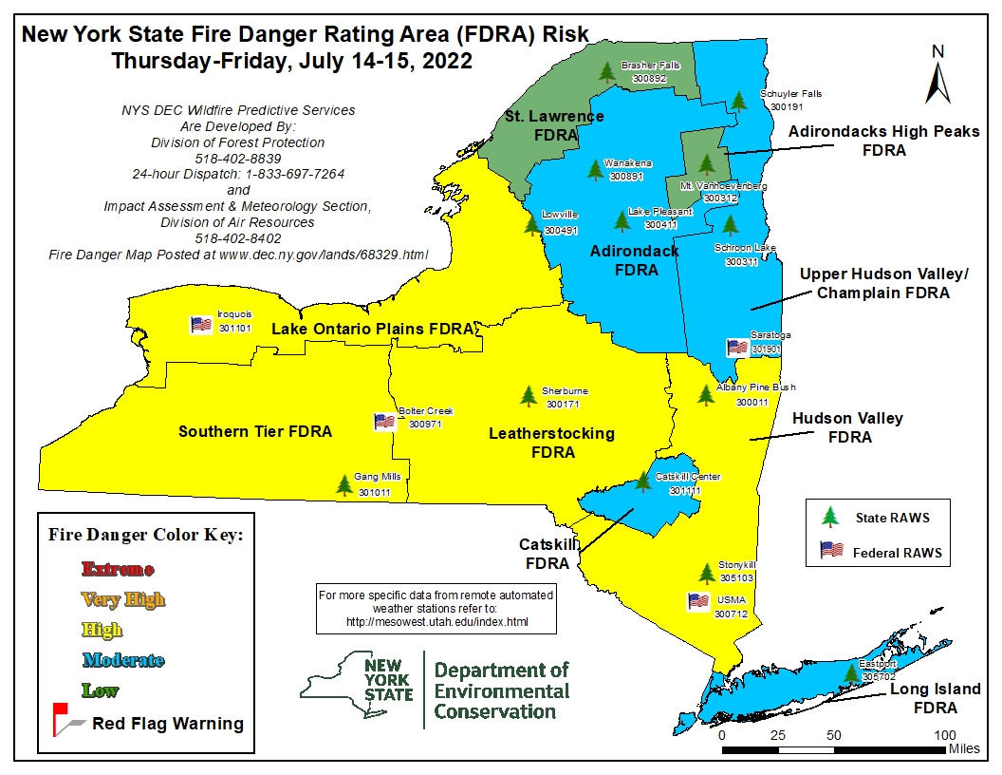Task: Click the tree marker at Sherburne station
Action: [x=529, y=395]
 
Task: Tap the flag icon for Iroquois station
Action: [x=200, y=324]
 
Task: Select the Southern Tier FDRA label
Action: [x=255, y=431]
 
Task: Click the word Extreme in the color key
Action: [x=118, y=569]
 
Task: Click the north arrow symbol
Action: [x=937, y=76]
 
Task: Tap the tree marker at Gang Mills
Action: [x=344, y=484]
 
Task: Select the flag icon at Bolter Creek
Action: [x=384, y=422]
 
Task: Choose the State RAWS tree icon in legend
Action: [x=831, y=517]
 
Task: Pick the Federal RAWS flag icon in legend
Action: [x=831, y=550]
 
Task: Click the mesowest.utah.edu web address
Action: [x=436, y=622]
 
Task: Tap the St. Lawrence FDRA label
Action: [x=554, y=125]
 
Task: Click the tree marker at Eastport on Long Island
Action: [x=852, y=673]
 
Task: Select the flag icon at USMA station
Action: [x=698, y=600]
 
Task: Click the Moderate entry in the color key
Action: [x=122, y=660]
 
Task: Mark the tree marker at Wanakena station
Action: [x=595, y=169]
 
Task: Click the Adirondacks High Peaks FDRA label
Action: [x=883, y=141]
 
